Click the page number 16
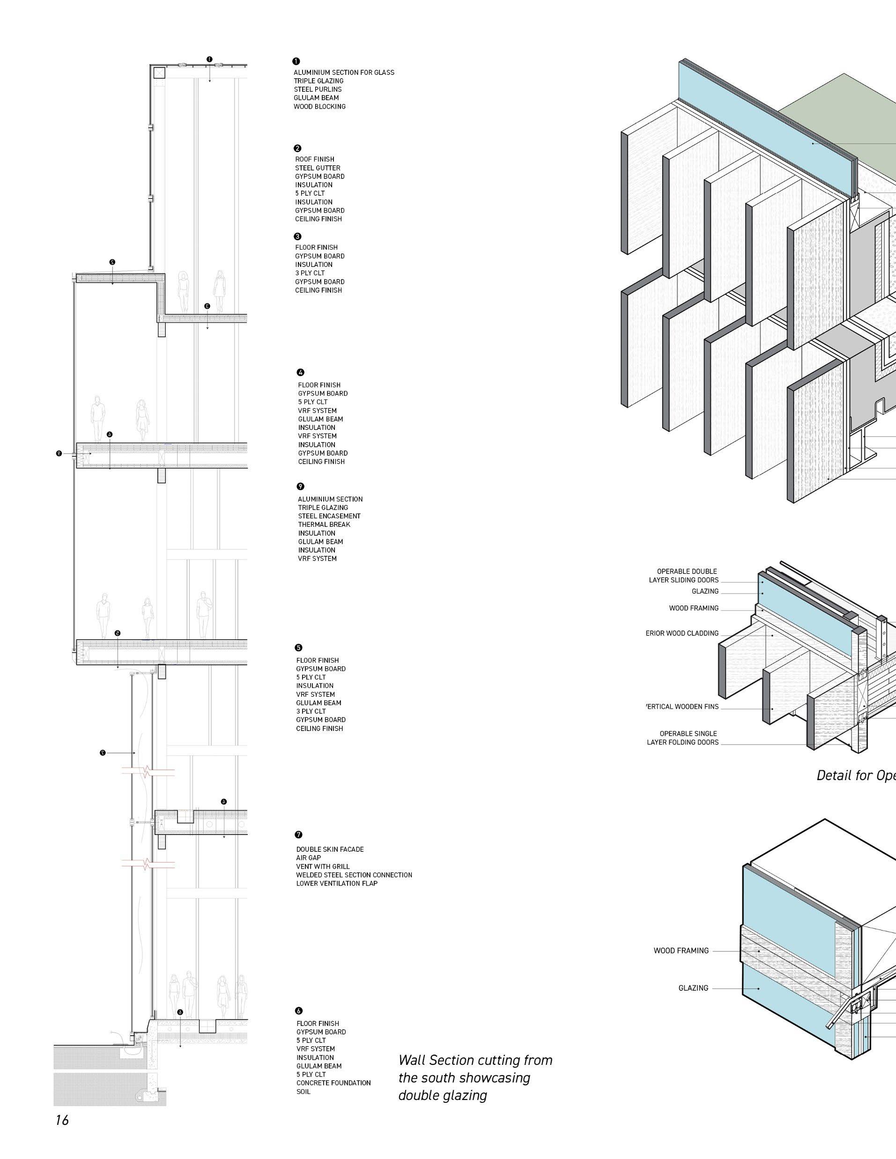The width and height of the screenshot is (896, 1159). (62, 1120)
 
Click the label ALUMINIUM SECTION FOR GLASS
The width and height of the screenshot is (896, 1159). (344, 72)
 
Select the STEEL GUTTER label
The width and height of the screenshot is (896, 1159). (318, 168)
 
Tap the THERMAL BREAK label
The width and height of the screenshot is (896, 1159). (324, 524)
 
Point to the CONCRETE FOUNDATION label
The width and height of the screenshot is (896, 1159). (333, 1083)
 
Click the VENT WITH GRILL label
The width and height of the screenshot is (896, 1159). (323, 866)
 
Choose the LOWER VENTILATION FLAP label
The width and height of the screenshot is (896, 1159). (337, 883)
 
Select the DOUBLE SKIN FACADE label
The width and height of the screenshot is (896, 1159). (330, 849)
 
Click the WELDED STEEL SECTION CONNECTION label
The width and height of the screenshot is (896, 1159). (354, 875)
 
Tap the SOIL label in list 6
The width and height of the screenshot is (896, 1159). (303, 1091)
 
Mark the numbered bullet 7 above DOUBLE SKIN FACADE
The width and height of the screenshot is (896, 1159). (299, 835)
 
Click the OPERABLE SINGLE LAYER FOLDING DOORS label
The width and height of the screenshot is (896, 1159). (682, 738)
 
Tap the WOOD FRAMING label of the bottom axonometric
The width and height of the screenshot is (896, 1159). (681, 951)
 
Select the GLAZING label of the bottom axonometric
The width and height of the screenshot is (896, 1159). (693, 988)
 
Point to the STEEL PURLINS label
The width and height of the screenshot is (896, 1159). (318, 89)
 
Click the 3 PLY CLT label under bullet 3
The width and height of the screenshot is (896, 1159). (310, 273)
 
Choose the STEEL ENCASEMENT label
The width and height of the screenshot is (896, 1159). (329, 516)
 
